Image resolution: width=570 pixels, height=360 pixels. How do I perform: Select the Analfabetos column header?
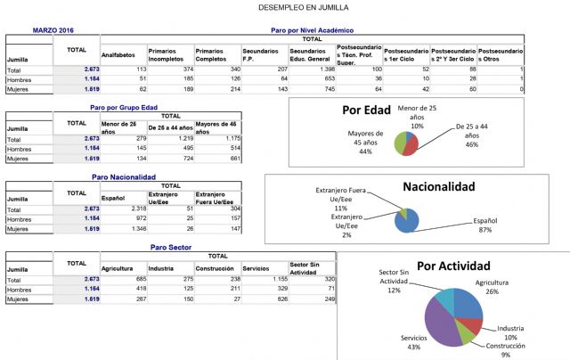(x=118, y=54)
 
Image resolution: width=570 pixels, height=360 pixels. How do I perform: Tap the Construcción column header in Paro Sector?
(x=216, y=266)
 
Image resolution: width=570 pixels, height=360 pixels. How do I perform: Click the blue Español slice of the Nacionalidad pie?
(x=407, y=219)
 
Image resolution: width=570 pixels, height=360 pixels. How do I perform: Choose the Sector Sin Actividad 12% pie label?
(x=394, y=283)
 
